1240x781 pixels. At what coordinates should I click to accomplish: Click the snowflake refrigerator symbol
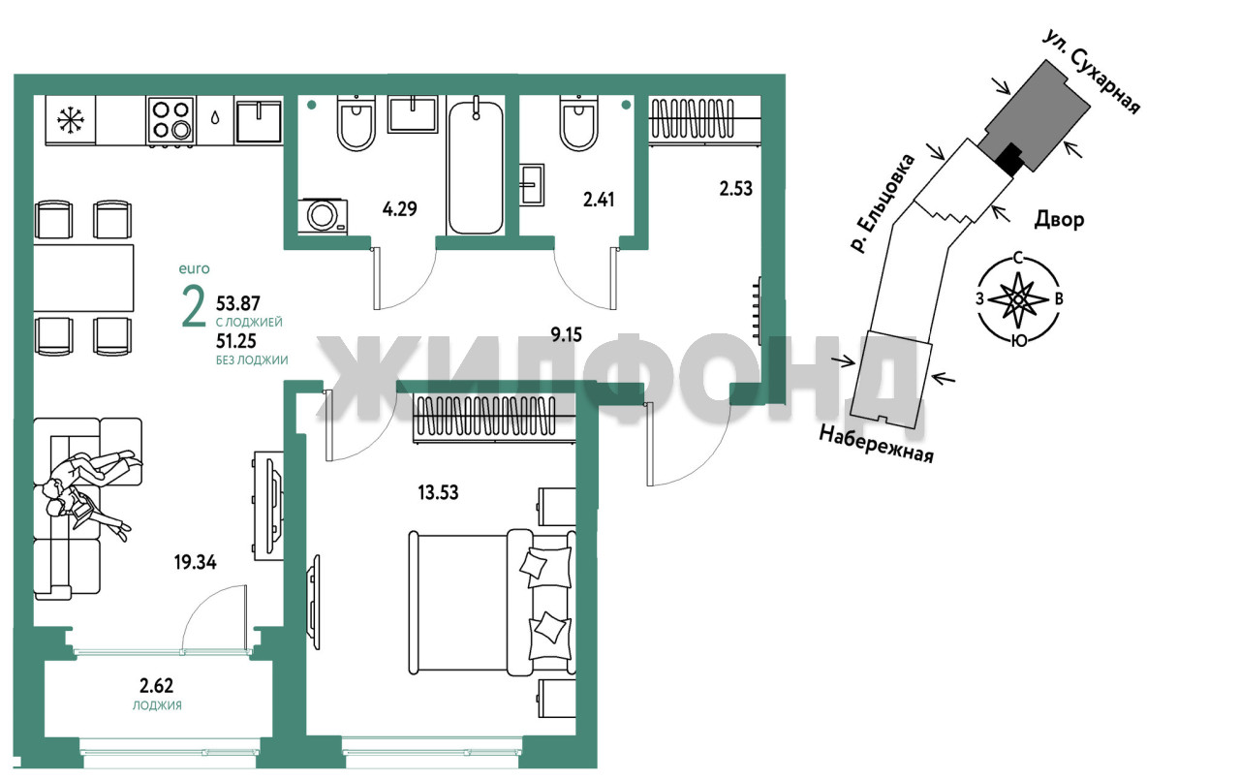coord(71,120)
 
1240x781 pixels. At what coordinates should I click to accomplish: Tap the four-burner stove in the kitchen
coord(171,120)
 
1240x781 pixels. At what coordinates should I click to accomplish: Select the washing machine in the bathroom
coord(323,216)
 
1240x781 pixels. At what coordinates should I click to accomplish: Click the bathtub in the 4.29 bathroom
coord(476,165)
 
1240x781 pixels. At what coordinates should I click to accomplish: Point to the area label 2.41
coord(599,200)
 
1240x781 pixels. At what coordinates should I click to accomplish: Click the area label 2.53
coord(735,189)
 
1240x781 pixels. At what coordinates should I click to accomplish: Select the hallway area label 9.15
coord(566,334)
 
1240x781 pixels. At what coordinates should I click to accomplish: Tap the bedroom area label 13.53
coord(439,492)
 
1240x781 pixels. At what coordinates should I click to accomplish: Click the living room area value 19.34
coord(195,563)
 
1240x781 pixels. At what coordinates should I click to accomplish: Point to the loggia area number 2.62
coord(156,686)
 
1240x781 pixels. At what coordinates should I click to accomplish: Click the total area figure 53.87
coord(238,303)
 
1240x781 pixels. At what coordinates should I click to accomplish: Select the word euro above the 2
coord(195,269)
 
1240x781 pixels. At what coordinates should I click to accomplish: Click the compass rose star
coord(1017,299)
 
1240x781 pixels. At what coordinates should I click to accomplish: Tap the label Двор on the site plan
coord(1060,220)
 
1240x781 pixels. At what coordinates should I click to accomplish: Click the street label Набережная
coord(877,444)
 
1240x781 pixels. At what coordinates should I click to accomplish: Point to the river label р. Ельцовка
coord(882,203)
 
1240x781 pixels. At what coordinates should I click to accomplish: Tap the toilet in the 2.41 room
coord(578,123)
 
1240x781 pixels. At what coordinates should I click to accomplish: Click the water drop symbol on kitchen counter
coord(215,117)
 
